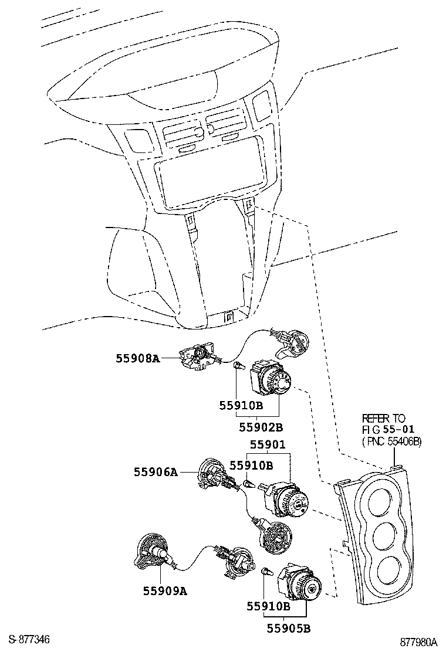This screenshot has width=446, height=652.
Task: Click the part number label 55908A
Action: [138, 358]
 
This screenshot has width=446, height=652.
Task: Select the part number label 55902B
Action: [261, 427]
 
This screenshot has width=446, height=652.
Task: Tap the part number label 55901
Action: [268, 444]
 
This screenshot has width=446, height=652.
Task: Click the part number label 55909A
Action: [165, 590]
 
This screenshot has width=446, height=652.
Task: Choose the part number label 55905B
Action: [289, 628]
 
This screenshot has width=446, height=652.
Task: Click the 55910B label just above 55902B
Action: [241, 405]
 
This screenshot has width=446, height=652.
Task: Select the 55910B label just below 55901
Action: [251, 466]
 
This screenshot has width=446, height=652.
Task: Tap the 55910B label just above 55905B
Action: [268, 606]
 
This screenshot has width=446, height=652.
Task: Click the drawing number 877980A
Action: [419, 641]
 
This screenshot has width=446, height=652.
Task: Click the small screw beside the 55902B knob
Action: [238, 366]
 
